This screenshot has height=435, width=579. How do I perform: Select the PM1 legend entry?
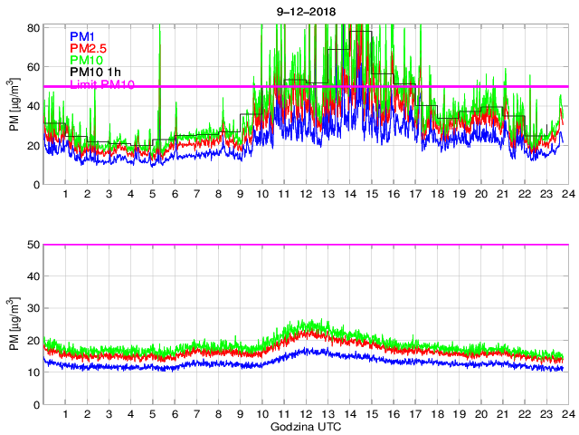[x=83, y=37]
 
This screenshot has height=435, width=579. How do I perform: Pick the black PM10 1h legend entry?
[x=96, y=72]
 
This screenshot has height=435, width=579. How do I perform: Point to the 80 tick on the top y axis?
[x=33, y=27]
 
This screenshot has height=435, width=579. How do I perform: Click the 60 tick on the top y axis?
[x=33, y=67]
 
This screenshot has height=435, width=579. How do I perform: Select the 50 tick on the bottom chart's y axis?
[x=33, y=245]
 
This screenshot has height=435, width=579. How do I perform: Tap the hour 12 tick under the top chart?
[x=306, y=195]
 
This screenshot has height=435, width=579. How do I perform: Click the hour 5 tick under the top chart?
[x=153, y=195]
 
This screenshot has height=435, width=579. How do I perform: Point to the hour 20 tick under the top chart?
[x=480, y=195]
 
